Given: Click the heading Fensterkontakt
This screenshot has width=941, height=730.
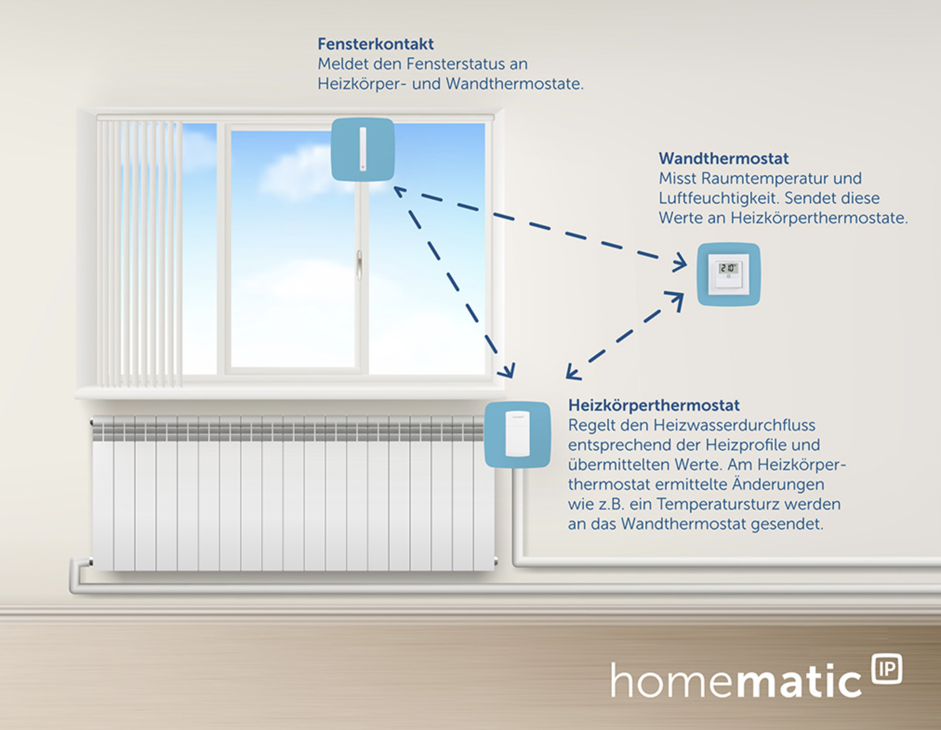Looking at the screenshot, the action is pos(376,44).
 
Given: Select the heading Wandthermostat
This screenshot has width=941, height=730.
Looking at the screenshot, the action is pos(723,158).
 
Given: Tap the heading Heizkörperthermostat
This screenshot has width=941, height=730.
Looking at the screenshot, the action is pos(654,405).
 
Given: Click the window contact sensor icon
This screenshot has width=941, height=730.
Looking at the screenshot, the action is pos(363,149).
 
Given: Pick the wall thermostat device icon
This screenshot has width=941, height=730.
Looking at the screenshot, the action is pos(729,274).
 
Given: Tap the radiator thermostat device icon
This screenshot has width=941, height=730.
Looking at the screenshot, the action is pos(517,434).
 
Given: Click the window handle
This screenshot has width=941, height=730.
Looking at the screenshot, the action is pos(359,265).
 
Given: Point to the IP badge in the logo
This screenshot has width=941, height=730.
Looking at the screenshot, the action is pos(887,669).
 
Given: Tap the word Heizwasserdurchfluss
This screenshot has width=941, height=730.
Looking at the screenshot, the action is pos(735,425).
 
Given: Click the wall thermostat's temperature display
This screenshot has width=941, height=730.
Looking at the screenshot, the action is pos(728,268).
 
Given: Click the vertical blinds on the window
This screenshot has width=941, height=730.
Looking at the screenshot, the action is pos(139,253).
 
